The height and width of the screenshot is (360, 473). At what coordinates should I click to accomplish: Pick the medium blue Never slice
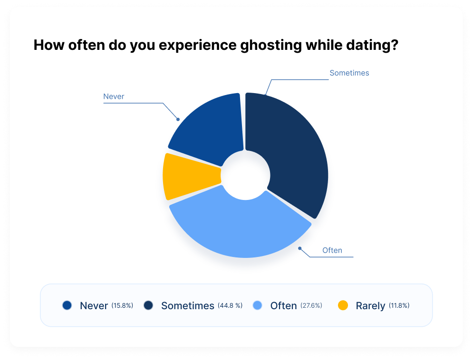tap(209, 128)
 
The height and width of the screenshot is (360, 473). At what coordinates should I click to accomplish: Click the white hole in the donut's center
tap(245, 176)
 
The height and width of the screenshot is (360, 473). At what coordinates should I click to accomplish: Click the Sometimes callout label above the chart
tap(349, 73)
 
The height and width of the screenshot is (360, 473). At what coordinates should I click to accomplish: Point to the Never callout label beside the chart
tap(114, 96)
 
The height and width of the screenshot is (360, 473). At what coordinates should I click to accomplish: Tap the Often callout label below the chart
tap(332, 250)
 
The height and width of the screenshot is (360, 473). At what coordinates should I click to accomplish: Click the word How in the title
tap(48, 46)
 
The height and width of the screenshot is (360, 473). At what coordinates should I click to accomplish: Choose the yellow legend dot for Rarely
tap(343, 305)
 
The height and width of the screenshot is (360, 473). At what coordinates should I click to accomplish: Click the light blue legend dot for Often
tap(257, 305)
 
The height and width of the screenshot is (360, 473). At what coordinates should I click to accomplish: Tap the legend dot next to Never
tap(67, 305)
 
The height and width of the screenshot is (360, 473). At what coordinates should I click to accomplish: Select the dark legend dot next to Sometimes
tap(148, 305)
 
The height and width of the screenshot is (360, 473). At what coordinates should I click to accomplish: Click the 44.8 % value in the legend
tap(230, 306)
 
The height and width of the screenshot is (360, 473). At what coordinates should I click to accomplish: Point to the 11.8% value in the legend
tap(399, 306)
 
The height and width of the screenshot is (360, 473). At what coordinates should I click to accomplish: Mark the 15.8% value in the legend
tap(122, 306)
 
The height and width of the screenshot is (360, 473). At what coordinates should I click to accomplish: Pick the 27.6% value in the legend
tap(311, 306)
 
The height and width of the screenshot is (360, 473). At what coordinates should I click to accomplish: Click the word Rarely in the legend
tap(370, 306)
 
